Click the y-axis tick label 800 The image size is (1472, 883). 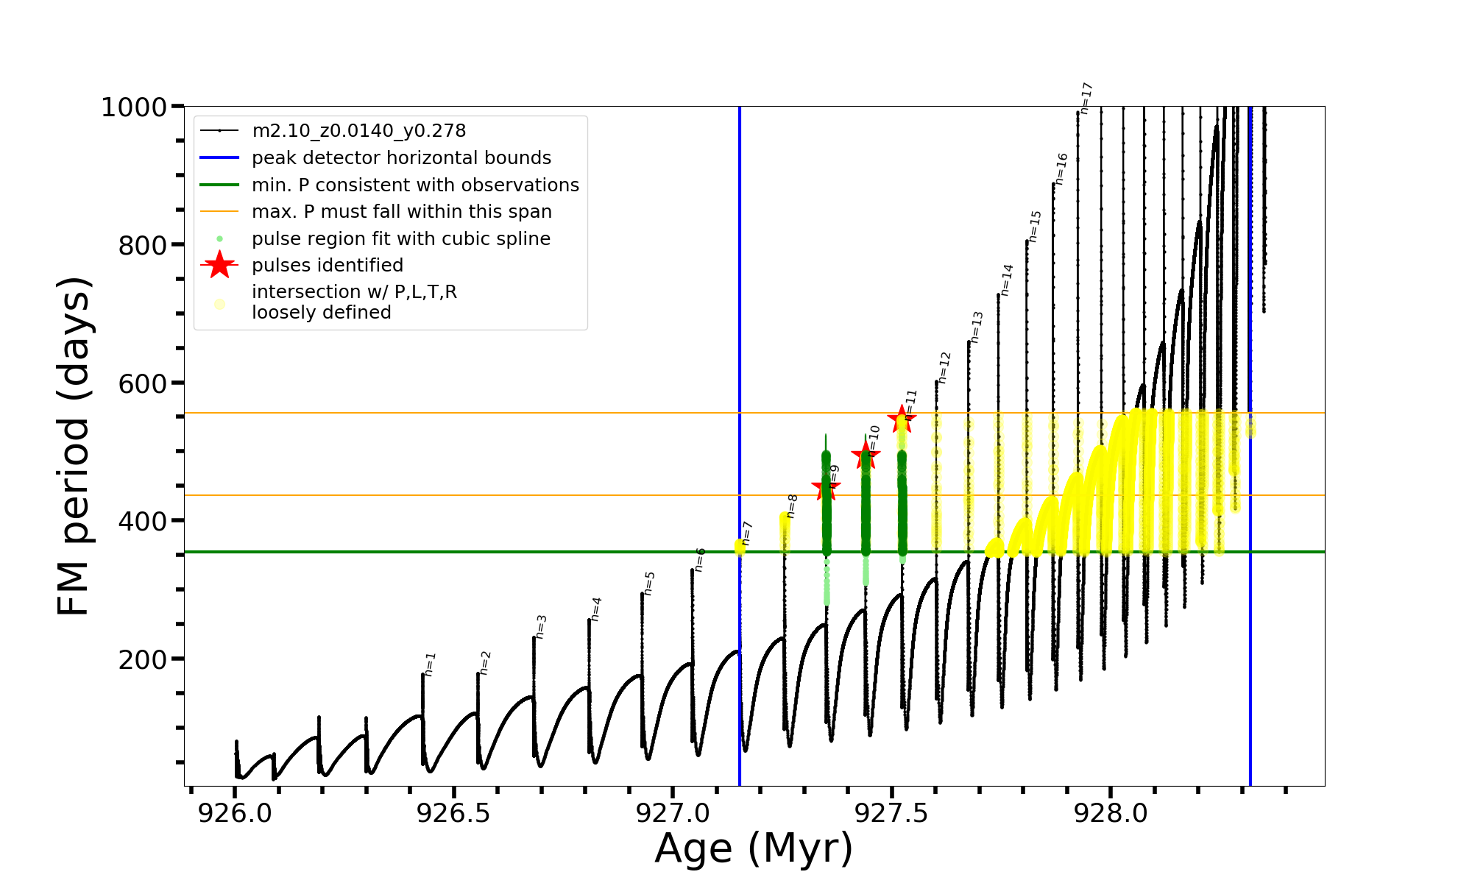click(143, 246)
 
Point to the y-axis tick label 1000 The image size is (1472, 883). click(134, 108)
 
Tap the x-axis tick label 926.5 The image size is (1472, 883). click(453, 813)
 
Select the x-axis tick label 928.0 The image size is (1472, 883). click(1111, 813)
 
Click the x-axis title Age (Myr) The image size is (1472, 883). click(754, 848)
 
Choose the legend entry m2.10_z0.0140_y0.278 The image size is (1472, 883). click(358, 131)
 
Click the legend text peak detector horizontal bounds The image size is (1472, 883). click(401, 158)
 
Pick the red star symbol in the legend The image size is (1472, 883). click(219, 265)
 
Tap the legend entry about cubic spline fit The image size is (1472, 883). click(400, 239)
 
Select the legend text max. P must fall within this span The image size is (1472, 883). click(401, 212)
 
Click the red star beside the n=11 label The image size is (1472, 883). click(902, 419)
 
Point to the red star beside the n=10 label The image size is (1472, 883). click(866, 455)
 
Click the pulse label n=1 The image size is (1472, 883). click(431, 664)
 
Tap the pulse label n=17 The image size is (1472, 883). click(1086, 98)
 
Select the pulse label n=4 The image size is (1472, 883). click(596, 609)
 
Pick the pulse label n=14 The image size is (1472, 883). click(1007, 280)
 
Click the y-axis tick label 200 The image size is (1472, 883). click(143, 660)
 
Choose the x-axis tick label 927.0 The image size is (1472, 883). click(672, 813)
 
